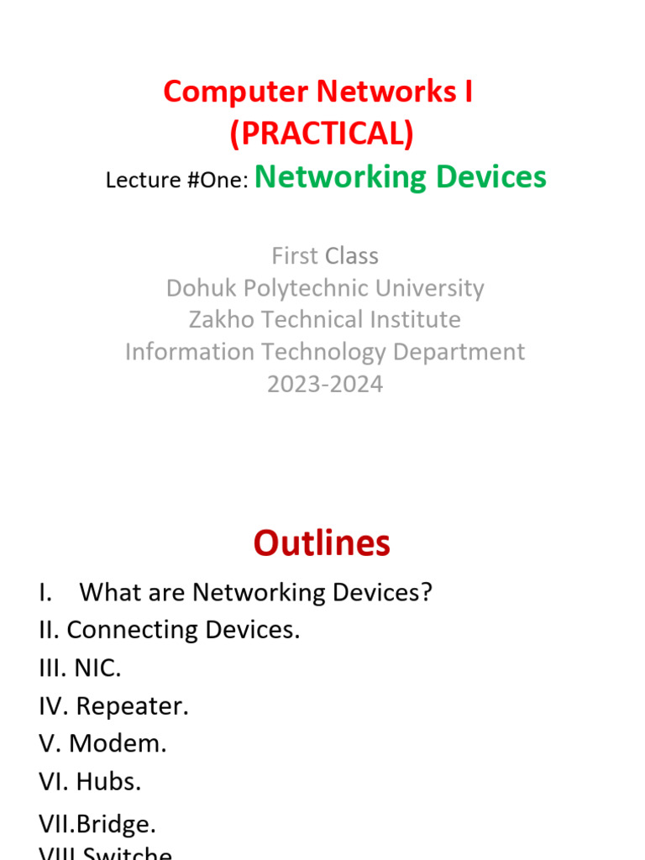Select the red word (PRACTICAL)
click(x=322, y=134)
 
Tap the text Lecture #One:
click(x=176, y=181)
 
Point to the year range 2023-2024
click(x=325, y=384)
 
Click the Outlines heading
click(x=322, y=544)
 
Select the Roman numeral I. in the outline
click(x=45, y=593)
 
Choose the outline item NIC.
click(x=97, y=669)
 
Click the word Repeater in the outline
click(x=132, y=706)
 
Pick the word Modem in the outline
click(x=118, y=744)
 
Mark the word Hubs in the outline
click(x=108, y=782)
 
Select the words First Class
click(x=325, y=256)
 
